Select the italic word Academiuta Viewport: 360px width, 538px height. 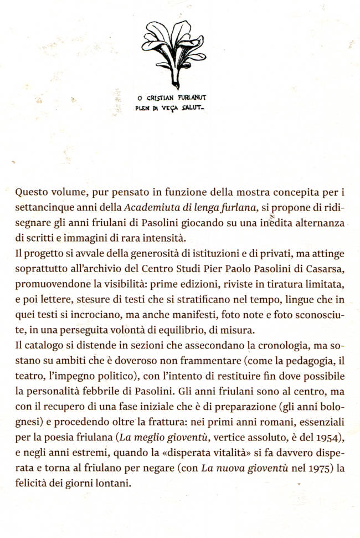click(x=149, y=209)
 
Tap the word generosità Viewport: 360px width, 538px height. click(x=155, y=254)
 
